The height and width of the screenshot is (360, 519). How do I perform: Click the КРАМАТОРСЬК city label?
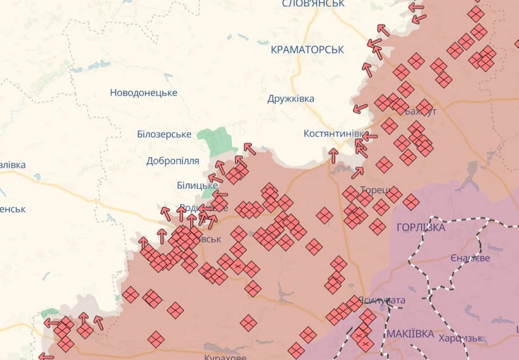pyautogui.click(x=307, y=50)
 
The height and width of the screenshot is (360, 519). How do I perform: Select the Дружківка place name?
pyautogui.click(x=291, y=99)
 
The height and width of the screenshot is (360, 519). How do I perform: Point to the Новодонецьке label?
pyautogui.click(x=144, y=93)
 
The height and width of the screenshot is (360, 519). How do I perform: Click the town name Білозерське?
pyautogui.click(x=165, y=135)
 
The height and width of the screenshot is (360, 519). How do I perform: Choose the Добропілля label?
pyautogui.click(x=173, y=161)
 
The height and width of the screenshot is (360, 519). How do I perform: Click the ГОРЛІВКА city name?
pyautogui.click(x=420, y=228)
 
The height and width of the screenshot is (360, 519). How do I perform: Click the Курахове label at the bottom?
pyautogui.click(x=225, y=357)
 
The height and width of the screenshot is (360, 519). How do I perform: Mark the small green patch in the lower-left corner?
pyautogui.click(x=50, y=312)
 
